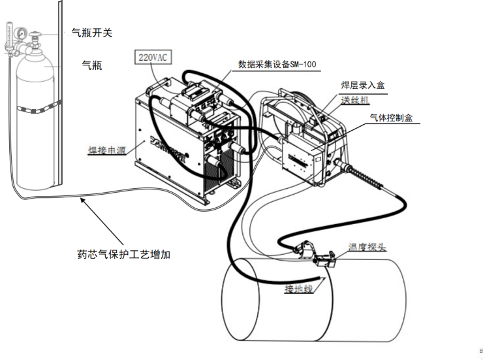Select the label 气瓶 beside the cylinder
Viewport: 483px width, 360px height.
92,65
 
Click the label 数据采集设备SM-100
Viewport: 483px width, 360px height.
277,65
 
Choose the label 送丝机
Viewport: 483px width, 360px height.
355,100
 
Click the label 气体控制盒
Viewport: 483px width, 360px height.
391,118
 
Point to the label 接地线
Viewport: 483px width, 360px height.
299,288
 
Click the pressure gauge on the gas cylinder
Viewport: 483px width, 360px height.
22,32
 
